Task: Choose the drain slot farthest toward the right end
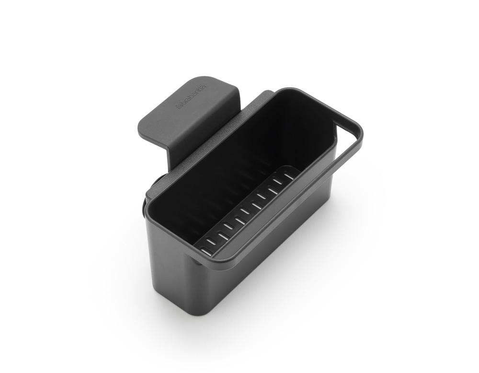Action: [x=288, y=176]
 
